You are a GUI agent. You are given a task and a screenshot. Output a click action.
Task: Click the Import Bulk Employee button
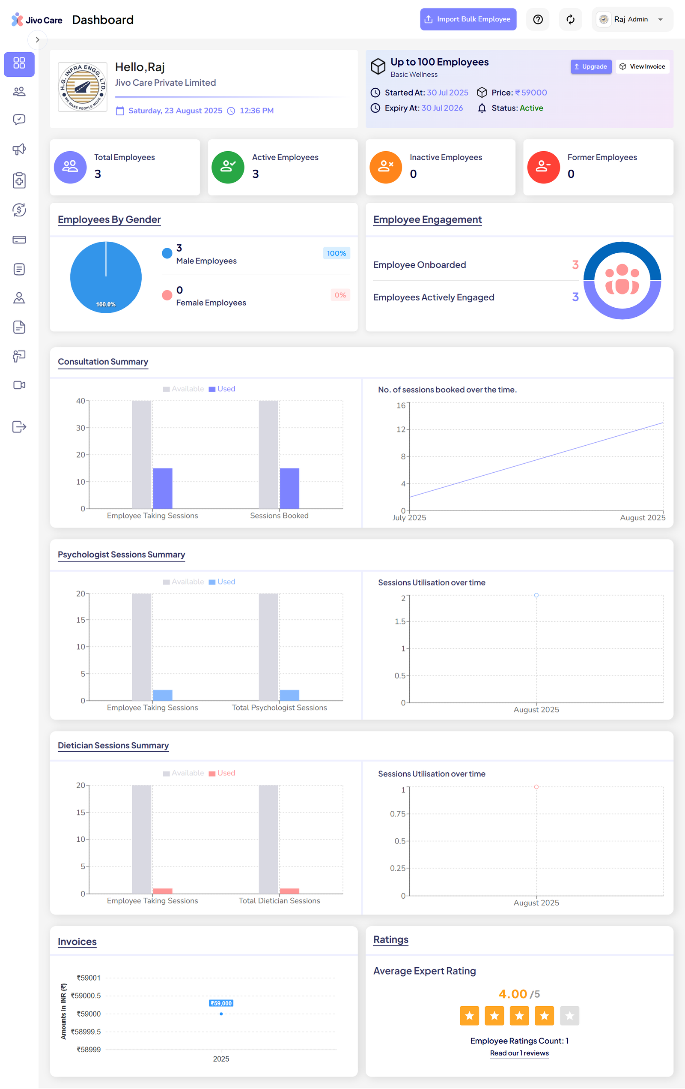tap(468, 19)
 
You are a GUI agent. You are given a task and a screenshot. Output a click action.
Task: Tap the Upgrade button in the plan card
tap(590, 66)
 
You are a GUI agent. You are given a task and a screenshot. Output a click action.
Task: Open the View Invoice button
tap(642, 66)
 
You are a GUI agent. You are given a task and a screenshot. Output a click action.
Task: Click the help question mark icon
tap(537, 19)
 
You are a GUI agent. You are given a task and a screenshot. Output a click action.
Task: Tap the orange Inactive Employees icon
tap(385, 167)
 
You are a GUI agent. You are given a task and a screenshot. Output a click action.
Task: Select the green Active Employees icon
tap(228, 167)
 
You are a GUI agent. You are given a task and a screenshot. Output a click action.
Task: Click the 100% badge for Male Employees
tap(336, 253)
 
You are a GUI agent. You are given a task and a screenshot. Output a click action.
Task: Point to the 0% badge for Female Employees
tap(340, 295)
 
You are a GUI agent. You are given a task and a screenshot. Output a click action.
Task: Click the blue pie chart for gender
tap(106, 277)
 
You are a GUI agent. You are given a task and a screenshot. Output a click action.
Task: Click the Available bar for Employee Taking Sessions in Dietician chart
tap(141, 838)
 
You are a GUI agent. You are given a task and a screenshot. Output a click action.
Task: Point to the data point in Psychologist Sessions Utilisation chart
tap(536, 595)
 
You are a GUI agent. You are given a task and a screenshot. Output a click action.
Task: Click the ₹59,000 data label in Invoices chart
tap(221, 1003)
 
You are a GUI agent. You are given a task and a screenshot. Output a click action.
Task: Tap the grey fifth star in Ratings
tap(569, 1016)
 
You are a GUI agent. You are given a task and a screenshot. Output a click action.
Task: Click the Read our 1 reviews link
tap(519, 1053)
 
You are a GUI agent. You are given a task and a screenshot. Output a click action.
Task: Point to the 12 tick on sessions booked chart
tap(401, 429)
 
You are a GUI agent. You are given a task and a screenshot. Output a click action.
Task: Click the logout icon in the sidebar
tap(19, 426)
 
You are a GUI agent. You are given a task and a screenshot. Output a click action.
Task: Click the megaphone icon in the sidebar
tap(19, 149)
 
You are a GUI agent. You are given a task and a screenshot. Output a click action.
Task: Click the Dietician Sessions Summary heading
tap(113, 745)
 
